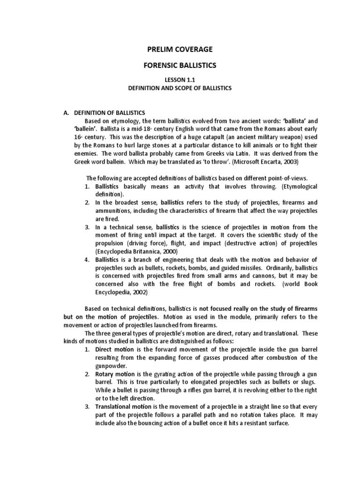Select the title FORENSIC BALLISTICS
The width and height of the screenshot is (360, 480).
pyautogui.click(x=180, y=66)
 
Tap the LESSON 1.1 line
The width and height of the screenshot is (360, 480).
pyautogui.click(x=180, y=81)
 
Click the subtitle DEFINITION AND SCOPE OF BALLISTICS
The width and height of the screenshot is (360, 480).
pyautogui.click(x=180, y=88)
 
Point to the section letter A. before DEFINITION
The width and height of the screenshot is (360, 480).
pyautogui.click(x=66, y=112)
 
